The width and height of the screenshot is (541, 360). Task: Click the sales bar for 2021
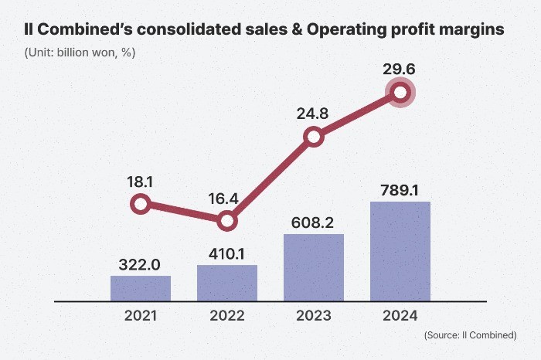140,288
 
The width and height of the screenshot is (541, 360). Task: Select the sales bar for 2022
226,283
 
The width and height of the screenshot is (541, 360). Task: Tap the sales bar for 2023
313,267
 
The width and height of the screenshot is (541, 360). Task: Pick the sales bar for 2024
400,251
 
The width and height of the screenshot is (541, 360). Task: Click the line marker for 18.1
140,204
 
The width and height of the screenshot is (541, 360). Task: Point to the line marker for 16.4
226,221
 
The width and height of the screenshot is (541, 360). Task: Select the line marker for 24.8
313,138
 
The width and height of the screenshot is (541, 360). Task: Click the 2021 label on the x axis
140,316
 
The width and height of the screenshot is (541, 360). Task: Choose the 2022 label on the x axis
226,316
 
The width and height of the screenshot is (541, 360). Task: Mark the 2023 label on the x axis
313,316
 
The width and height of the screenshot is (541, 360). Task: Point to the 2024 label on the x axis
400,316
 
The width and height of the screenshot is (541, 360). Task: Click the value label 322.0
140,264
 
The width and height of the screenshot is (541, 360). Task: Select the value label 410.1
226,253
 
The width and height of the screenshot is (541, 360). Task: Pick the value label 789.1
400,190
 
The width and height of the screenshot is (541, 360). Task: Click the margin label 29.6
400,70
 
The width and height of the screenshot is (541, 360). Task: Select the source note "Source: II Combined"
471,335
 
